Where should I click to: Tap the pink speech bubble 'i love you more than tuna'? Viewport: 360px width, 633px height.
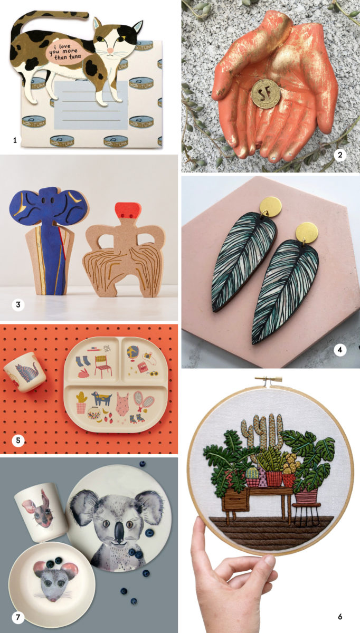point(67,51)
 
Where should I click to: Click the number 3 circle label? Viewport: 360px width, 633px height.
point(18,304)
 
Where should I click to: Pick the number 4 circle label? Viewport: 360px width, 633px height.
point(339,349)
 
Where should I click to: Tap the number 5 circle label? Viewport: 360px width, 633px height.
point(18,439)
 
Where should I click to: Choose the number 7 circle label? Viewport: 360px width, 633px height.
point(18,616)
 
